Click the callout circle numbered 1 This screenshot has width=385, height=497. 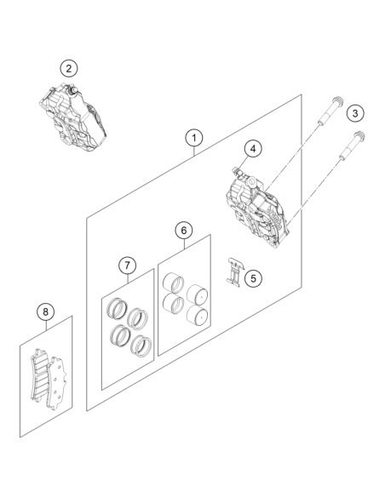click(x=194, y=138)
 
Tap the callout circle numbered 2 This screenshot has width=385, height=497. click(x=69, y=68)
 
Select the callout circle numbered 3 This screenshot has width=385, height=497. click(x=355, y=113)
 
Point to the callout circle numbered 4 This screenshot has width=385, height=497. click(x=253, y=149)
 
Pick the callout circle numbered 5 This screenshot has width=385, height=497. click(x=253, y=278)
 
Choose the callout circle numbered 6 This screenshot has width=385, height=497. click(x=184, y=231)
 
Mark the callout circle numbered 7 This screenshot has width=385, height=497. click(x=128, y=265)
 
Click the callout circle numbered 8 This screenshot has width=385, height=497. click(x=46, y=311)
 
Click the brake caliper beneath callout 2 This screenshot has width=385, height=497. click(x=72, y=117)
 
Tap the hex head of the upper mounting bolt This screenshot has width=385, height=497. click(x=338, y=101)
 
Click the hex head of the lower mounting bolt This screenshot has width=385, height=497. click(x=359, y=136)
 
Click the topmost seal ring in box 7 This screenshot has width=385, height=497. click(x=117, y=308)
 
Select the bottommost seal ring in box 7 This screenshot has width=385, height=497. click(x=141, y=346)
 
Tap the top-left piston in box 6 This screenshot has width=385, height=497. click(x=173, y=282)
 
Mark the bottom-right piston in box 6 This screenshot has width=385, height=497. click(x=198, y=314)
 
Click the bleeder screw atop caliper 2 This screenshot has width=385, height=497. click(x=72, y=89)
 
